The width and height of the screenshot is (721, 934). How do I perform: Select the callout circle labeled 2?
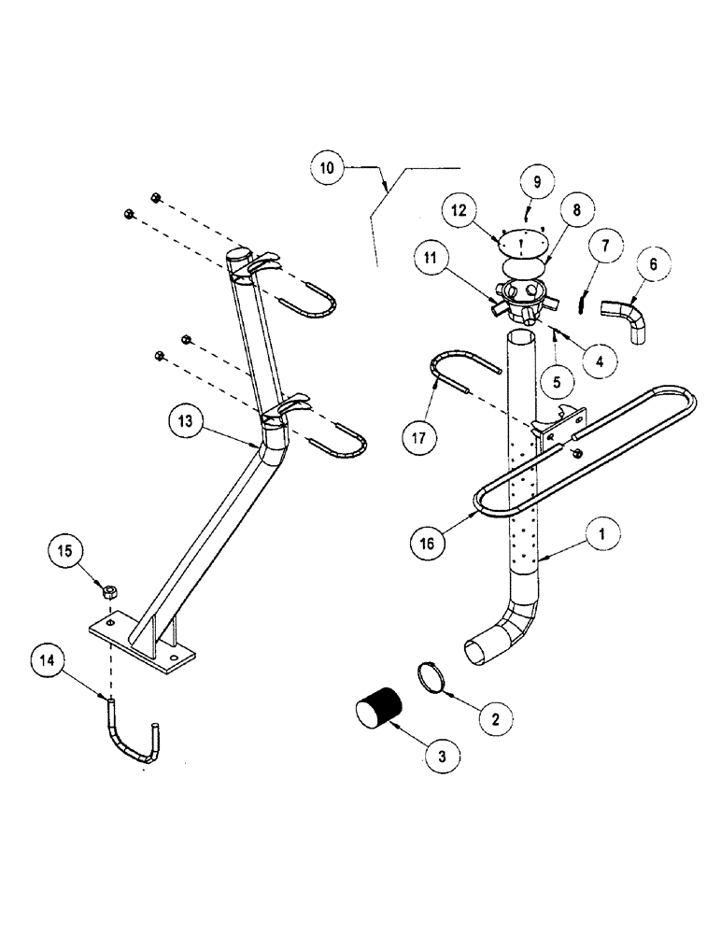tap(495, 718)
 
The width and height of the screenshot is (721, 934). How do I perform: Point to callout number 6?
tap(653, 265)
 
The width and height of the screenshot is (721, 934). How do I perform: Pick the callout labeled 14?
tap(48, 659)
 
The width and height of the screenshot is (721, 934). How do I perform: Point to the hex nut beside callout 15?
tap(108, 590)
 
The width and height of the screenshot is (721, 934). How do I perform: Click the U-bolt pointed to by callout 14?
tap(131, 736)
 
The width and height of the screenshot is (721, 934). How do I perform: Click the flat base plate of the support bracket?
tap(142, 644)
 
